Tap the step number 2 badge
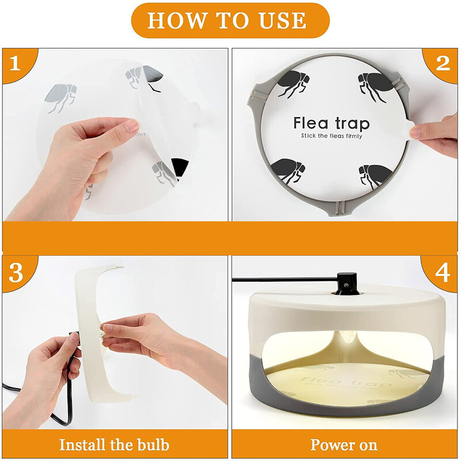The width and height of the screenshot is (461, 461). [442, 63]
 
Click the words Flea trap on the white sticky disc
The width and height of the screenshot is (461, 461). [331, 123]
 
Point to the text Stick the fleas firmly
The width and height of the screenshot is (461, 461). [331, 136]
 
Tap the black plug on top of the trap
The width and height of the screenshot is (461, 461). [347, 283]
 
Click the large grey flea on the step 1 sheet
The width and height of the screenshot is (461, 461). [61, 97]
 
